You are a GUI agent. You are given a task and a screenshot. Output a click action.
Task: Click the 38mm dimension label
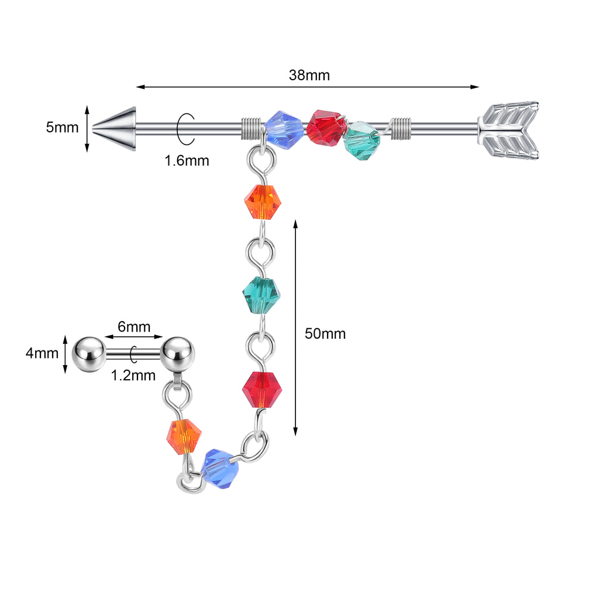(309, 75)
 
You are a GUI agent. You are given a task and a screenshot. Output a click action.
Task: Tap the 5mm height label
(62, 127)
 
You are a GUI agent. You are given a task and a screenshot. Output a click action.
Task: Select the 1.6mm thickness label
(187, 160)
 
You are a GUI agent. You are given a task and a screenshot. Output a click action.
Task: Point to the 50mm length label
(325, 334)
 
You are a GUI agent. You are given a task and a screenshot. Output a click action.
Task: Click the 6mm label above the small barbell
(134, 326)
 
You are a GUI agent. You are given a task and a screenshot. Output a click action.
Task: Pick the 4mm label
(42, 353)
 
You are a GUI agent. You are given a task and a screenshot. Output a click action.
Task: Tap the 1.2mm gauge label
(133, 375)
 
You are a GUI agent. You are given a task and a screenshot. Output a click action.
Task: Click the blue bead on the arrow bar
(284, 129)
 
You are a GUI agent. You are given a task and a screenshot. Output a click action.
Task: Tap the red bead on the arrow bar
(326, 128)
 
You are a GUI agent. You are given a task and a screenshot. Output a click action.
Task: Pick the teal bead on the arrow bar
(362, 140)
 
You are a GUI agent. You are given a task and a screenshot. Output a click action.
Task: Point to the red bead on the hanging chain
(262, 388)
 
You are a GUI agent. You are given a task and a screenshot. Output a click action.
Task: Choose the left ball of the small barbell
(87, 353)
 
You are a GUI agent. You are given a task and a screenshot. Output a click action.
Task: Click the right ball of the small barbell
(178, 353)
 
